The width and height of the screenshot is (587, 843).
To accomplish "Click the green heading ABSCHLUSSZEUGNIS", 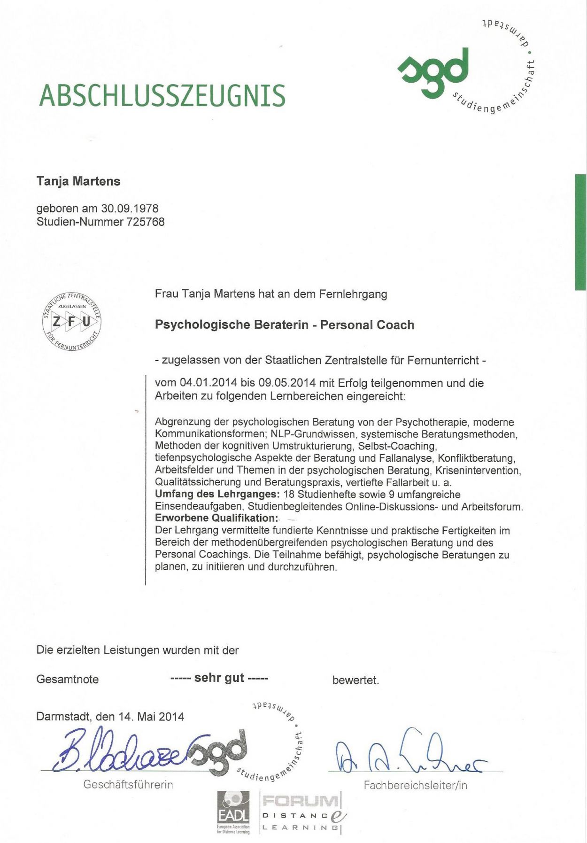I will click(162, 95).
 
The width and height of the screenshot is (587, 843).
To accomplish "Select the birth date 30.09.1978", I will click(130, 209).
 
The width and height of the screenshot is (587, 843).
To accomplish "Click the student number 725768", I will click(146, 222).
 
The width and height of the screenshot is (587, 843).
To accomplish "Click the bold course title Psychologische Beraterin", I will click(232, 325).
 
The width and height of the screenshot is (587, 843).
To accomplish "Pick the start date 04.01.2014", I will click(209, 383).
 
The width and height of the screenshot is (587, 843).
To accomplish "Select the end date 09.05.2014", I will click(286, 383).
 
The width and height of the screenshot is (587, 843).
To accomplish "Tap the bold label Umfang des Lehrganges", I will click(217, 495).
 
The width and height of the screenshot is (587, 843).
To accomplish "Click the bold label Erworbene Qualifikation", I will click(216, 518).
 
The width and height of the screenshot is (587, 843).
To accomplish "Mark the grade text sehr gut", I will click(219, 678).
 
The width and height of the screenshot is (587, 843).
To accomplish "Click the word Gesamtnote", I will click(67, 680).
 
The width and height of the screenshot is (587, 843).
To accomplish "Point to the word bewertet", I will click(355, 680).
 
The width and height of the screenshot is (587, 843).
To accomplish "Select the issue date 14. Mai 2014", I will click(151, 717).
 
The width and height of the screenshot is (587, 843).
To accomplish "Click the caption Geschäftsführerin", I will click(128, 785).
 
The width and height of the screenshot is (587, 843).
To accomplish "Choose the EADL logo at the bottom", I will click(233, 812).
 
